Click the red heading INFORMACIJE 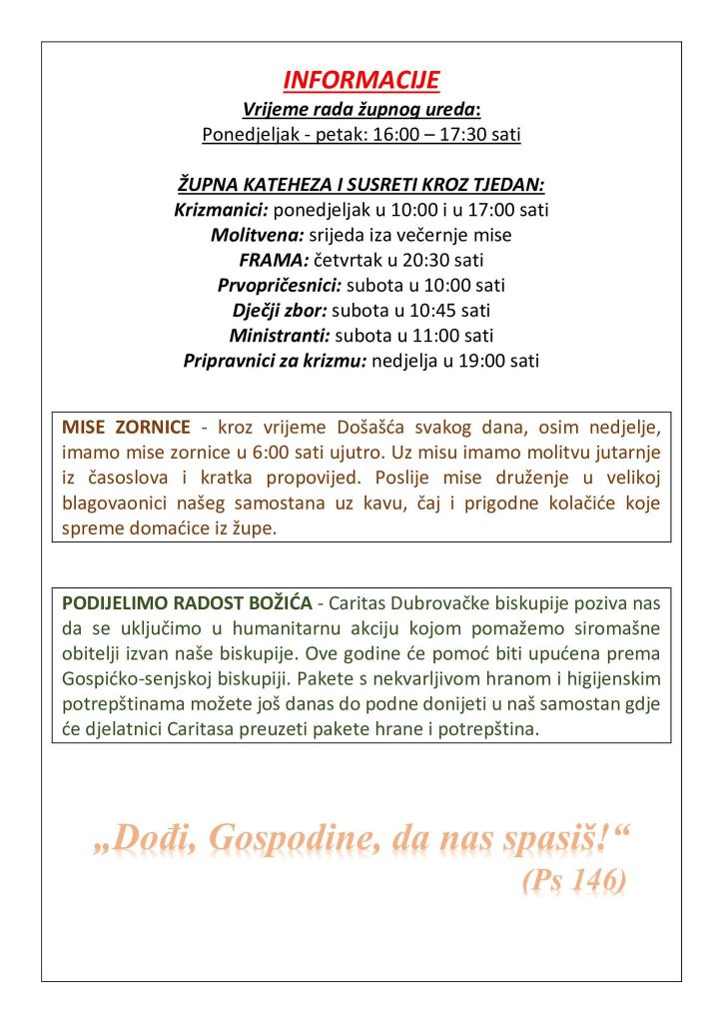pos(361,81)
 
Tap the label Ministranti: pos(280,336)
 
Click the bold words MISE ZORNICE pos(126,428)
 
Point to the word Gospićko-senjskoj pos(129,679)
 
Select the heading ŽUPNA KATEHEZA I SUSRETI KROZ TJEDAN pos(361,185)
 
